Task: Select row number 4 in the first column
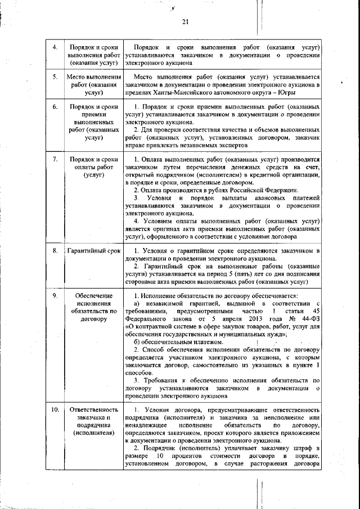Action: pos(55,47)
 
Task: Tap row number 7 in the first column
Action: pos(55,160)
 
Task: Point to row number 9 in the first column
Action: pos(55,296)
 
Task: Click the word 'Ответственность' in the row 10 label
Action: pos(94,411)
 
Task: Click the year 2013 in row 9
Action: pos(247,318)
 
